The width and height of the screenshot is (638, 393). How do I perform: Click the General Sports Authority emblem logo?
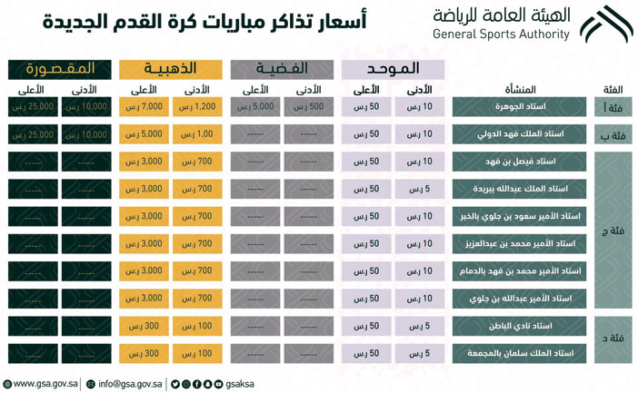pos(606,25)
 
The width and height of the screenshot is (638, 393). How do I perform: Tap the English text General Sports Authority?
pos(502,35)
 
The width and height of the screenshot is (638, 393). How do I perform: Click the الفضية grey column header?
pos(283,69)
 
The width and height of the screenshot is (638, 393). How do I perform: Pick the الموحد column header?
pos(393,69)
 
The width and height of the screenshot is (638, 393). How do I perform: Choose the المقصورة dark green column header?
pos(61,69)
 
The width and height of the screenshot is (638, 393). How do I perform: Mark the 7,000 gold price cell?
pos(146,107)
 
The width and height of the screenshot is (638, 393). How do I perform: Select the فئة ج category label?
pos(613,231)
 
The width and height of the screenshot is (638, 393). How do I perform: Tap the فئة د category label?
pos(613,339)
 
